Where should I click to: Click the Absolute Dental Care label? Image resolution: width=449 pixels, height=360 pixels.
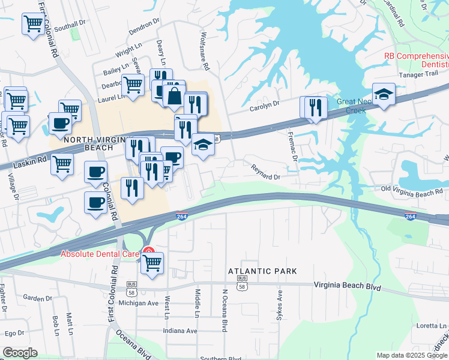(x=100, y=254)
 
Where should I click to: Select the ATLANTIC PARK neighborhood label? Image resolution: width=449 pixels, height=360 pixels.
(x=262, y=271)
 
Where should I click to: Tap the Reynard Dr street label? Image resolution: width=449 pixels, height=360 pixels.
(x=266, y=173)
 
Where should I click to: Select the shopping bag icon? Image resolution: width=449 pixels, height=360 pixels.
(x=173, y=95)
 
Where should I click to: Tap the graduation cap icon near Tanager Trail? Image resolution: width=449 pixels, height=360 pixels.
(x=384, y=94)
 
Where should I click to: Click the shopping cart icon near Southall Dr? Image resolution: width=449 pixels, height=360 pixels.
(x=33, y=24)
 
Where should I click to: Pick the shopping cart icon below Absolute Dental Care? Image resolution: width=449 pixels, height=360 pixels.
(x=152, y=262)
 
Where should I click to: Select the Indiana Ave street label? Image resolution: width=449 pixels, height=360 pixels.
(x=180, y=331)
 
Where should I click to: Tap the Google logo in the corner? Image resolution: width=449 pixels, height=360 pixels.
(x=20, y=353)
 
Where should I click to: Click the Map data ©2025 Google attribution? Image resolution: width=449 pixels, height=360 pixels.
(x=412, y=355)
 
